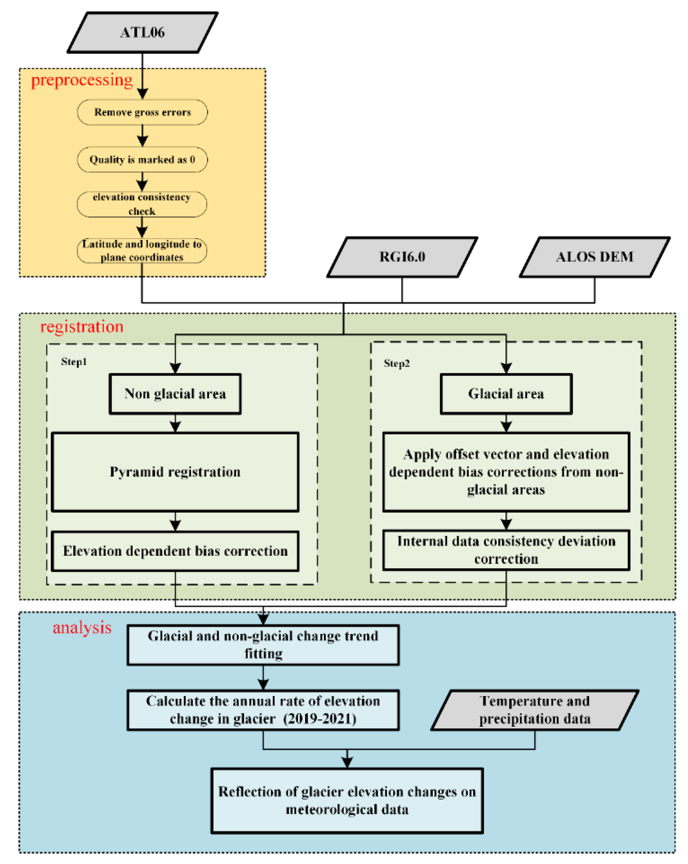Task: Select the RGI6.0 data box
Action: pyautogui.click(x=402, y=256)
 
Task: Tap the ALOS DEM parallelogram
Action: pyautogui.click(x=594, y=256)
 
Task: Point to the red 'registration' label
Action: pyautogui.click(x=82, y=327)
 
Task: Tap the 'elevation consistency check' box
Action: pyautogui.click(x=142, y=204)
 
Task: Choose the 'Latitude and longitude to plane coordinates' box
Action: pyautogui.click(x=142, y=250)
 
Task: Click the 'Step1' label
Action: pyautogui.click(x=74, y=361)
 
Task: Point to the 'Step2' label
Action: pyautogui.click(x=397, y=363)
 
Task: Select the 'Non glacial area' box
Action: pyautogui.click(x=175, y=394)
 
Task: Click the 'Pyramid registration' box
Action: pyautogui.click(x=175, y=472)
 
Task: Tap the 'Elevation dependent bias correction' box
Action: pyautogui.click(x=175, y=551)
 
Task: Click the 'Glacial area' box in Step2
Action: pyautogui.click(x=506, y=394)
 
